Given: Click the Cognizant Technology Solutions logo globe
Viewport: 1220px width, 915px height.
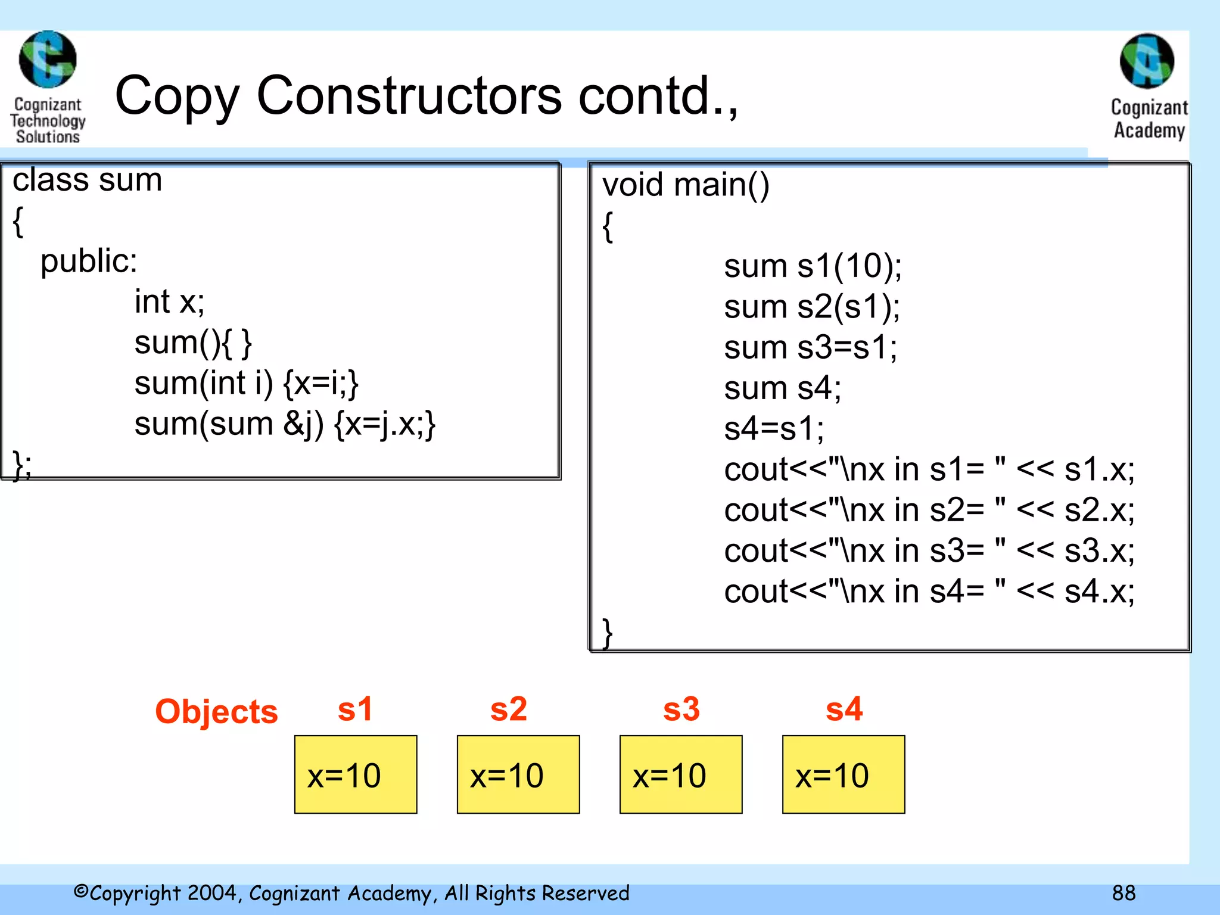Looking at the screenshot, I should click(48, 60).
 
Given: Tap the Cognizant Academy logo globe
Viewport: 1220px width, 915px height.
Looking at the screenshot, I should click(1147, 61).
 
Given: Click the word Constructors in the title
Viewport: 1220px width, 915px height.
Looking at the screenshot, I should click(409, 96).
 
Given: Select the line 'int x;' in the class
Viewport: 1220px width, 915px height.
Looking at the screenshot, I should click(169, 301).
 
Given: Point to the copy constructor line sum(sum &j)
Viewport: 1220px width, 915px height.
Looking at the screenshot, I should click(285, 424).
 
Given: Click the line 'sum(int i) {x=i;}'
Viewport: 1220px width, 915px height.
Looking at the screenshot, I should click(246, 383).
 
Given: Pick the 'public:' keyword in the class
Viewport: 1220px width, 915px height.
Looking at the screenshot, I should click(89, 261).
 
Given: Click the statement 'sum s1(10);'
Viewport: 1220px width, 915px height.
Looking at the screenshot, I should click(813, 266).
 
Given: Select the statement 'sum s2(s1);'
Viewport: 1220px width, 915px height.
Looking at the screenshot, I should click(812, 307).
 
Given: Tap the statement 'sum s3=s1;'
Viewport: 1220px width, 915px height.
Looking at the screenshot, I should click(810, 347).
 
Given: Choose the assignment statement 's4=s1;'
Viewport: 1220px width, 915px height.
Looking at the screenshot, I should click(774, 429).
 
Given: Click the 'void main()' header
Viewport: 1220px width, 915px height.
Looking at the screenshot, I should click(686, 185).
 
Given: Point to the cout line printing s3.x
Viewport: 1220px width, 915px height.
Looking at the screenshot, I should click(929, 551).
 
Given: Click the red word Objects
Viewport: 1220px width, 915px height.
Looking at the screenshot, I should click(216, 711).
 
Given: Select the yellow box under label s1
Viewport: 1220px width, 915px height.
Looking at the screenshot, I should click(356, 774).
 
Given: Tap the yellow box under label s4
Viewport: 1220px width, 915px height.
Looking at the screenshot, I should click(844, 774).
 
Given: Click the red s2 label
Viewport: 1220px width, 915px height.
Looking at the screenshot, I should click(508, 709).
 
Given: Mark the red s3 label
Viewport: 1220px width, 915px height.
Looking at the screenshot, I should click(681, 709).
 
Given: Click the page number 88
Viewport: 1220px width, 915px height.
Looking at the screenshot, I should click(1123, 893).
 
